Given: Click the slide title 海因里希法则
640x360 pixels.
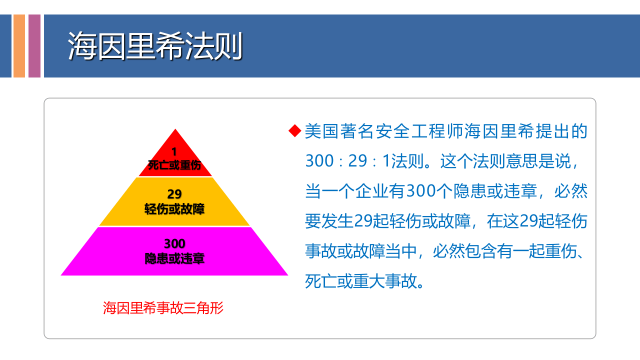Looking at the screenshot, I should point(155,47).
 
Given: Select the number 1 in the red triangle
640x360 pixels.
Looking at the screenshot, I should point(174,151).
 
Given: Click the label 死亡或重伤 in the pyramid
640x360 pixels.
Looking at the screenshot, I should point(174,165).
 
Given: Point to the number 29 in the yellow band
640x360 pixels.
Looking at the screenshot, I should point(174,194).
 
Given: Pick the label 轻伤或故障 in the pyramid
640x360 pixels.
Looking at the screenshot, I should point(174,209).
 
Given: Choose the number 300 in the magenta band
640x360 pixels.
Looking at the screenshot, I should point(174,243).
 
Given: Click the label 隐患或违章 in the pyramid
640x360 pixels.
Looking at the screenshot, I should point(174,258).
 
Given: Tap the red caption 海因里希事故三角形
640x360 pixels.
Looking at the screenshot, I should point(163,308).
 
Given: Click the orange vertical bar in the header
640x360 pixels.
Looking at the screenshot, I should point(19,46).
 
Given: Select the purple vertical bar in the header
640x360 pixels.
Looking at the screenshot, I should point(34,46).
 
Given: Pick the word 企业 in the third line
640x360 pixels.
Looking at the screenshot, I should point(368,191).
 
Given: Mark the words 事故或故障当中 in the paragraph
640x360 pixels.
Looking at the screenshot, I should point(360,251).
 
